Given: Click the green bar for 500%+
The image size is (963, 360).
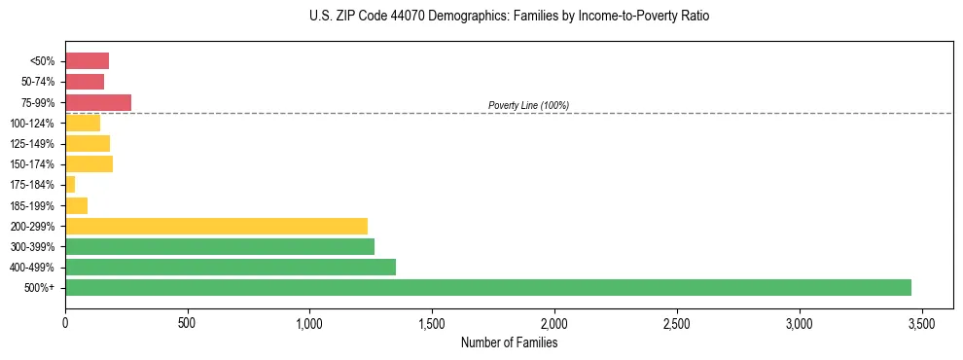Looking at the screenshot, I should click(x=487, y=287).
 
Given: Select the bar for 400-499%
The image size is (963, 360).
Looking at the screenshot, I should click(x=231, y=267).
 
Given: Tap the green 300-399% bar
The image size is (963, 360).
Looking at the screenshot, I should click(x=220, y=246).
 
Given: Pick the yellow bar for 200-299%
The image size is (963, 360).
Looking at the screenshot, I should click(x=216, y=226).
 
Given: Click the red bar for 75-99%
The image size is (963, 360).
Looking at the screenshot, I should click(x=98, y=102).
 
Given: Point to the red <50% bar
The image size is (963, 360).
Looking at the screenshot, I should click(x=87, y=61).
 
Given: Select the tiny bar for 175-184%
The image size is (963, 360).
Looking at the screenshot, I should click(x=70, y=184).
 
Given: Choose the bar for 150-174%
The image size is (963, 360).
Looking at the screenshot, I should click(x=89, y=163).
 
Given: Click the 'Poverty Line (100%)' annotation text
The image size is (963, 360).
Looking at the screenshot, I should click(x=528, y=105).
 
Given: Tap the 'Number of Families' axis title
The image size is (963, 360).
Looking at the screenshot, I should click(x=509, y=342).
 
